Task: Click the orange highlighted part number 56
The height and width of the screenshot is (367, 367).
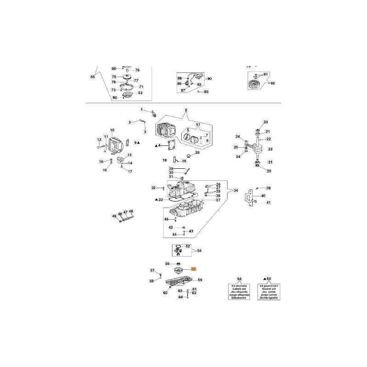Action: (x=193, y=270)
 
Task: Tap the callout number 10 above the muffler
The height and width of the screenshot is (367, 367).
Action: (x=112, y=130)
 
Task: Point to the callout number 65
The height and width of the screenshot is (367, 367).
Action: (x=93, y=77)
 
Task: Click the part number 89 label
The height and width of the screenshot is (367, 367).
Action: (x=206, y=92)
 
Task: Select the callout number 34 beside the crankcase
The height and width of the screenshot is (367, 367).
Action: (x=236, y=190)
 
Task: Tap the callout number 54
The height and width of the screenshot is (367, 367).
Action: (x=199, y=250)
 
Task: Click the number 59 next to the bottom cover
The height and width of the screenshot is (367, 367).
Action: (x=200, y=280)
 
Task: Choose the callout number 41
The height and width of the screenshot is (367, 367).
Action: (x=269, y=202)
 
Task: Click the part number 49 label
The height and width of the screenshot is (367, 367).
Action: (x=114, y=216)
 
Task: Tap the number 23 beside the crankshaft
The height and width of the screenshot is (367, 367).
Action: (x=270, y=149)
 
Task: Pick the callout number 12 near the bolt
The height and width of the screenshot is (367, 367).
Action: (x=99, y=139)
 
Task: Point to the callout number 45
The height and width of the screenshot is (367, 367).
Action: (x=167, y=220)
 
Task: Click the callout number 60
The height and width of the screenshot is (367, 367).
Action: (x=165, y=293)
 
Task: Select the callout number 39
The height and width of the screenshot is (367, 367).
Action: (x=269, y=188)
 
